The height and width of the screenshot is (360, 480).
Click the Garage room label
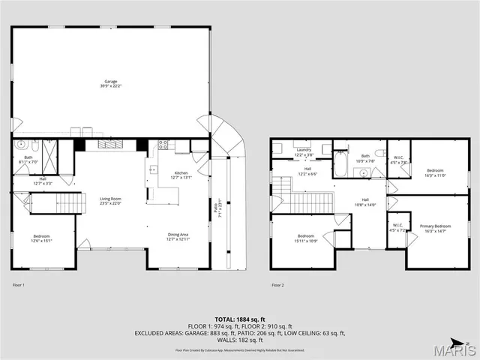point(110,83)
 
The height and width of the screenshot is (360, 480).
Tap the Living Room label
point(110,200)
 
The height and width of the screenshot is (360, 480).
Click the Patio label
point(219,210)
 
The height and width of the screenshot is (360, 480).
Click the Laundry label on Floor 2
point(304,151)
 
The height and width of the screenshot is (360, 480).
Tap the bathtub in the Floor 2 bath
point(340,165)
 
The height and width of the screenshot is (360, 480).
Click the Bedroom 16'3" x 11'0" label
point(436,172)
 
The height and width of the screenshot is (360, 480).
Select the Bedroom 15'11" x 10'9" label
point(307,238)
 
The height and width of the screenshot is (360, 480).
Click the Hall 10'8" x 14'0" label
point(364,201)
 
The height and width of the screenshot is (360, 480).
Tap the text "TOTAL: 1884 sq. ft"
point(239,319)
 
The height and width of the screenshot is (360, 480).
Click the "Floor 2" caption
point(278,286)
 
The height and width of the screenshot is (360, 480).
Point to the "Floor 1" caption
point(19,286)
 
